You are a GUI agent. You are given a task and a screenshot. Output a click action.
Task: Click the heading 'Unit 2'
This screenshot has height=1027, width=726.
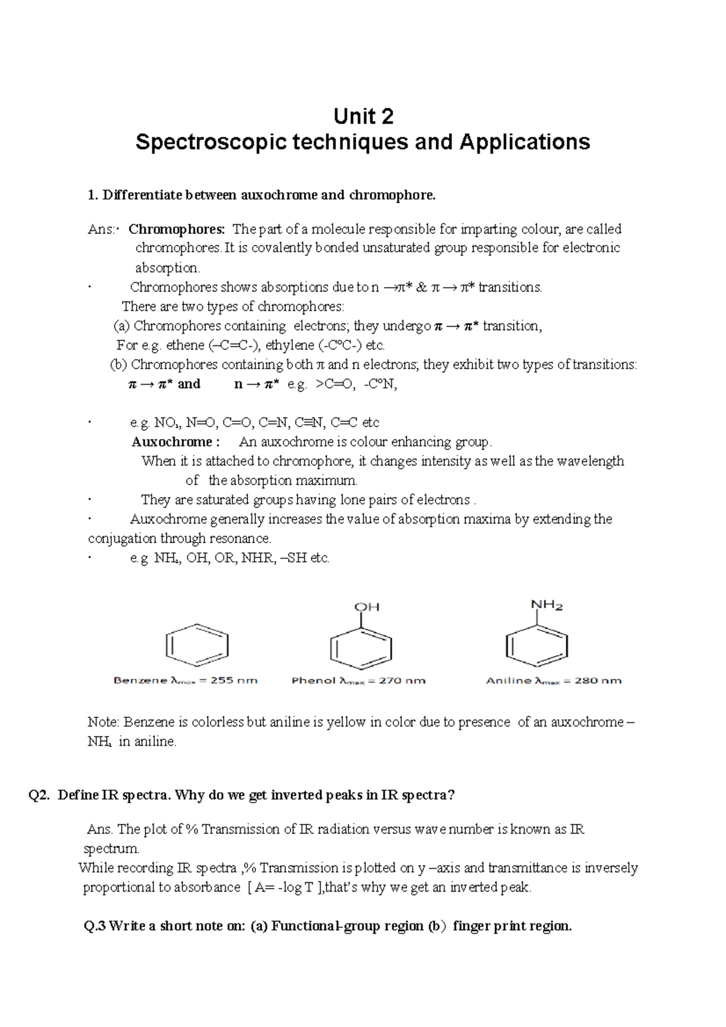(363, 116)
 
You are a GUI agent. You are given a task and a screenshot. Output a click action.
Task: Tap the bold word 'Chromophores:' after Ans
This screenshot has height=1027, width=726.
(177, 229)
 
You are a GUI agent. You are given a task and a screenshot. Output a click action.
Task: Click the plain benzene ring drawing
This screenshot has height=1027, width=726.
(197, 645)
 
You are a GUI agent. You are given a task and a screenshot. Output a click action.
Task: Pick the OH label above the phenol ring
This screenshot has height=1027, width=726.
(367, 607)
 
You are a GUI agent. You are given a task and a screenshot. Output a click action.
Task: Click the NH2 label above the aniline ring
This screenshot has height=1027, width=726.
(547, 605)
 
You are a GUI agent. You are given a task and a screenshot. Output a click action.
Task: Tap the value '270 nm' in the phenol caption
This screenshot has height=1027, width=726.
(402, 680)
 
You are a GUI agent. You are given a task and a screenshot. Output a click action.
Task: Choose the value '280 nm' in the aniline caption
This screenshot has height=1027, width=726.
(598, 680)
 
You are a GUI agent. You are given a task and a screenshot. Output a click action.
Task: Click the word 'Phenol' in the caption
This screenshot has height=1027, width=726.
(313, 680)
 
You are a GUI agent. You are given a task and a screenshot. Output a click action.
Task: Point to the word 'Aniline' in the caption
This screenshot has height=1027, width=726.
(508, 680)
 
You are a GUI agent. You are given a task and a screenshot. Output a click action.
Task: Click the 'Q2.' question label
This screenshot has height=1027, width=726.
(39, 795)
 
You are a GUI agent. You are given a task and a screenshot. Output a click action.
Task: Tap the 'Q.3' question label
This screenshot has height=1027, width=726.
(95, 926)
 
